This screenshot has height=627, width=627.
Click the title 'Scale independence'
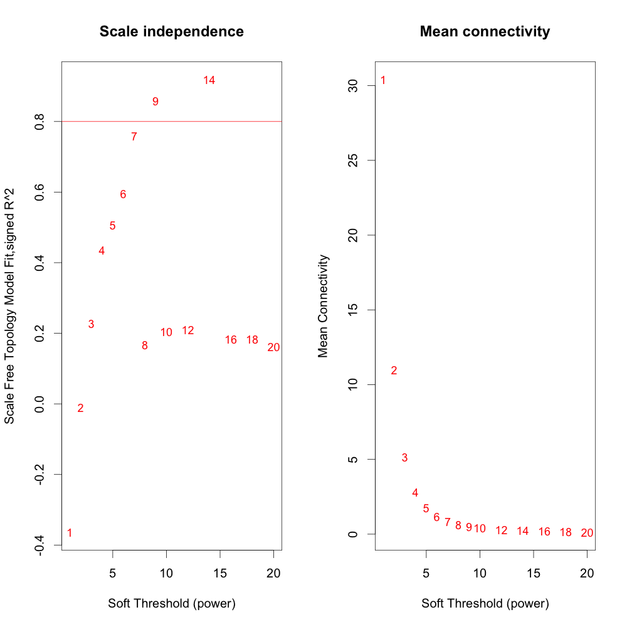pyautogui.click(x=171, y=31)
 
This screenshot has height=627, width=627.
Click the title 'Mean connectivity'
pyautogui.click(x=485, y=31)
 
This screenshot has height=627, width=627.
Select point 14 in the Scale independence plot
pyautogui.click(x=209, y=80)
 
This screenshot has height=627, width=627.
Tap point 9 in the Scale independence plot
pyautogui.click(x=155, y=102)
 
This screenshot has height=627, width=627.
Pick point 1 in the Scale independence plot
pyautogui.click(x=70, y=533)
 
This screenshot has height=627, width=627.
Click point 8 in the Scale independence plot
pyautogui.click(x=145, y=345)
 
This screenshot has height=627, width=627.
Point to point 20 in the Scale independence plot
pyautogui.click(x=273, y=347)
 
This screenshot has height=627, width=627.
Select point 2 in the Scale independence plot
pyautogui.click(x=80, y=408)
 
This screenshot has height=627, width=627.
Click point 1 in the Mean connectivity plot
pyautogui.click(x=383, y=81)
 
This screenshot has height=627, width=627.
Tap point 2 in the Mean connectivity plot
pyautogui.click(x=394, y=371)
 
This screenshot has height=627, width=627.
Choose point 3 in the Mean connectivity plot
pyautogui.click(x=404, y=458)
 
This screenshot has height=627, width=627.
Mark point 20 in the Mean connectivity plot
pyautogui.click(x=587, y=533)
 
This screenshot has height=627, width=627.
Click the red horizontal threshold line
pyautogui.click(x=188, y=121)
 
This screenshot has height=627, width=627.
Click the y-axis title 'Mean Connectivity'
pyautogui.click(x=324, y=306)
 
